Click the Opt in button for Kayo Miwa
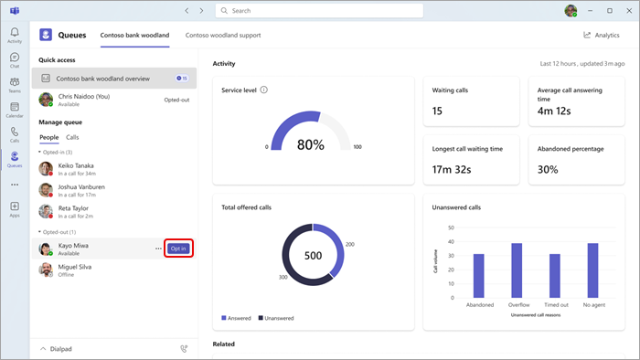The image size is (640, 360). [178, 249]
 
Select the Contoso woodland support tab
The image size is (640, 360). [223, 35]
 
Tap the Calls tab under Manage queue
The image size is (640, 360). [72, 137]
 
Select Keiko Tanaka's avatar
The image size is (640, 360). [46, 168]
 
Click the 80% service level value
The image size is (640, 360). [311, 144]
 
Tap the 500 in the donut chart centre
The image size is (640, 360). [313, 255]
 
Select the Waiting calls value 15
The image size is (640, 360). [438, 111]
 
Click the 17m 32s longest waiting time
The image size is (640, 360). [452, 169]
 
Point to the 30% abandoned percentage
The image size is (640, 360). [547, 169]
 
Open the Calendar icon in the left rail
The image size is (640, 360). [15, 111]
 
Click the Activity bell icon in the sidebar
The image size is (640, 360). [15, 34]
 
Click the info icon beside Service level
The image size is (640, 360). [264, 90]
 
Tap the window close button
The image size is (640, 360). [629, 10]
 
